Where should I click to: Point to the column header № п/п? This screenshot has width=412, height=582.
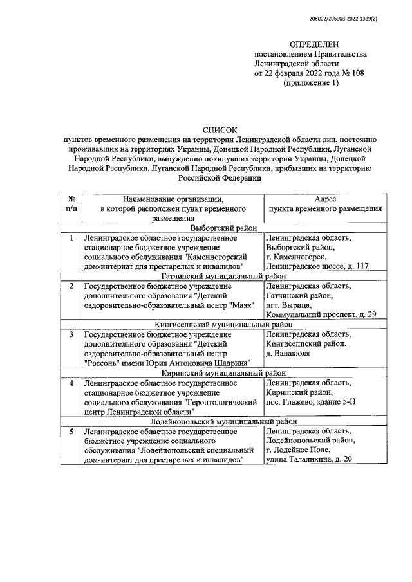(x=72, y=204)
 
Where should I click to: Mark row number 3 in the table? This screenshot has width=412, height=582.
(x=72, y=335)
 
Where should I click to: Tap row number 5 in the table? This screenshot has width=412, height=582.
(x=72, y=432)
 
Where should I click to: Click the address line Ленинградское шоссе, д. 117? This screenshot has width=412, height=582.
(x=317, y=265)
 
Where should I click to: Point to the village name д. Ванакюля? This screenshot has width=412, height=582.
(x=288, y=353)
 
